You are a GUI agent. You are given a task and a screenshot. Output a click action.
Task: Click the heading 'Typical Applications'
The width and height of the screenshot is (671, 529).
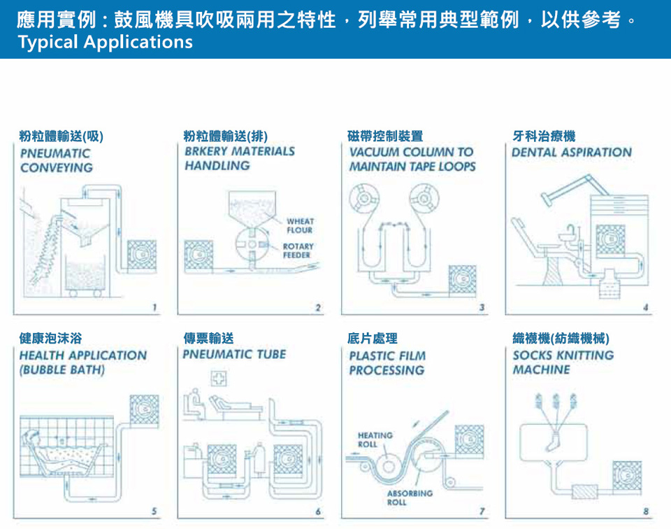pyautogui.click(x=105, y=42)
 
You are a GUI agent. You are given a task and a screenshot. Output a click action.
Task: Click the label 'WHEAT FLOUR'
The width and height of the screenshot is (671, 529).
pyautogui.click(x=300, y=225)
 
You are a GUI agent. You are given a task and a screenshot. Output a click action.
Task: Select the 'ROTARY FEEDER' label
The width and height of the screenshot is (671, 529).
pyautogui.click(x=298, y=251)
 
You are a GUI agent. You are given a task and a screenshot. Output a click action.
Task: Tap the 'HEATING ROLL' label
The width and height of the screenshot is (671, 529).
pyautogui.click(x=375, y=439)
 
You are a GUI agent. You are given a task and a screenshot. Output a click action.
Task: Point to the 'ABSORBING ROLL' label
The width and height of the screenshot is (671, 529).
pyautogui.click(x=410, y=498)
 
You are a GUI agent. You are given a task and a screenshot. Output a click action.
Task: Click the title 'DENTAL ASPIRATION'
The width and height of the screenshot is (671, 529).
pyautogui.click(x=571, y=152)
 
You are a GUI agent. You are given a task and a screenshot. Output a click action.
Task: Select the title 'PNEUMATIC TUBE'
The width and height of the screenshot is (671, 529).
pyautogui.click(x=234, y=354)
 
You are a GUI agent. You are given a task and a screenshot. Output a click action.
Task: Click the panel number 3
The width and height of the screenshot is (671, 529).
pyautogui.click(x=482, y=307)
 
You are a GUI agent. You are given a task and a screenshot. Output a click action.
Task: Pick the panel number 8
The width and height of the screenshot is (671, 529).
pyautogui.click(x=646, y=512)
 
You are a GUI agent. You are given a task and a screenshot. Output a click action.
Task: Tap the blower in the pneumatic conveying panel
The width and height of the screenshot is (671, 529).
pyautogui.click(x=142, y=257)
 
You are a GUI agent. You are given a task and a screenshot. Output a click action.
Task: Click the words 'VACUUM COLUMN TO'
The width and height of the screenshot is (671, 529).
pyautogui.click(x=411, y=152)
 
